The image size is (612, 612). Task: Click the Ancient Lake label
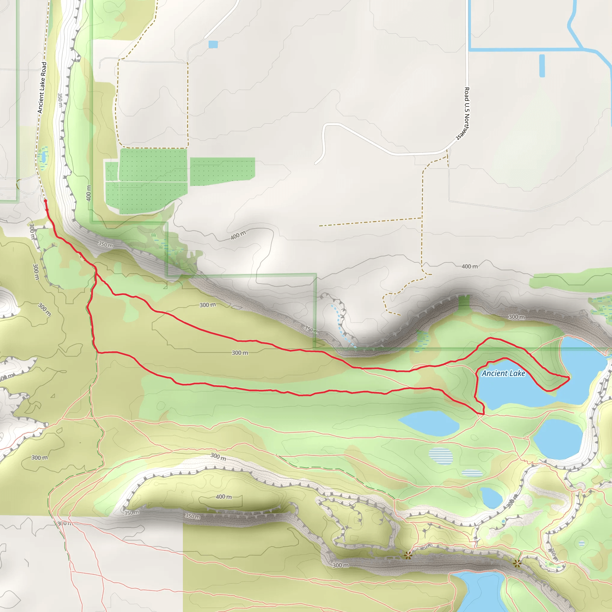click(x=503, y=374)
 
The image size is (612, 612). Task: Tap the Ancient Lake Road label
click(x=42, y=88)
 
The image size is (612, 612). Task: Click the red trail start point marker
click(x=45, y=201)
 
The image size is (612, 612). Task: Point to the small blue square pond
click(x=213, y=44)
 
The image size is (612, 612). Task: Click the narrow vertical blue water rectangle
click(x=542, y=66)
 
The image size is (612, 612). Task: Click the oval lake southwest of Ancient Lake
click(x=429, y=423)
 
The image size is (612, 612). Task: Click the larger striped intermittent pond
click(x=441, y=456)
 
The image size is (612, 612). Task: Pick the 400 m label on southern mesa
click(x=224, y=497)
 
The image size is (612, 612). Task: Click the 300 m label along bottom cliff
click(x=341, y=565)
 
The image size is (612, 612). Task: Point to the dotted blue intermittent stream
click(x=342, y=326)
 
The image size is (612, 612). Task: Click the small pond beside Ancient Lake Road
click(x=43, y=157)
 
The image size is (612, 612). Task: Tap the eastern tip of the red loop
click(x=569, y=378)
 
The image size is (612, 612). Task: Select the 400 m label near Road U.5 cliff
click(x=469, y=266)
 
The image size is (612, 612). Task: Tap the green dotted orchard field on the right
click(x=222, y=171)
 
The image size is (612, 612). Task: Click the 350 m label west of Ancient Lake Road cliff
click(x=60, y=100)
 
